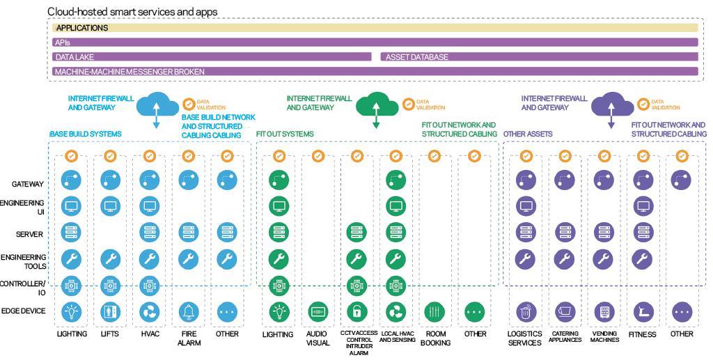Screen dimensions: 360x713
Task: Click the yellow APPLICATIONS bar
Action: pos(376,28)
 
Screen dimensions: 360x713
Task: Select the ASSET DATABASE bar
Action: pos(540,57)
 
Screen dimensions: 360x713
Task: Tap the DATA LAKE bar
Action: pos(212,57)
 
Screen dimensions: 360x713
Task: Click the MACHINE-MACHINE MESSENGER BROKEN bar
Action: pos(376,71)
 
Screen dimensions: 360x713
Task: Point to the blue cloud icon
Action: pos(157,104)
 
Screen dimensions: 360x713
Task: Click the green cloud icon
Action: pos(377,104)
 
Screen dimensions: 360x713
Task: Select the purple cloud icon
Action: pos(611,104)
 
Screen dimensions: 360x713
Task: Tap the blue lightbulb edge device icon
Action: pos(72,311)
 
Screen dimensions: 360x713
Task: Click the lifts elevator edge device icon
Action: pos(111,311)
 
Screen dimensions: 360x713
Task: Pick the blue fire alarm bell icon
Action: pos(189,311)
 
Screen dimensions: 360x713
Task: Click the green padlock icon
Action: pos(356,311)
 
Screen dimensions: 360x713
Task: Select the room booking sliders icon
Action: pos(434,311)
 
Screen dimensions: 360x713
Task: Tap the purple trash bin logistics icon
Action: pos(526,311)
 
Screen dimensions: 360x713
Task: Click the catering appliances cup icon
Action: pos(565,311)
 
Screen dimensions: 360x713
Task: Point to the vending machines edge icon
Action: pos(604,311)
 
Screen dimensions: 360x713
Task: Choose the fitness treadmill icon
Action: pos(643,311)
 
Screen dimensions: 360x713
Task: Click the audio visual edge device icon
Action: pos(318,311)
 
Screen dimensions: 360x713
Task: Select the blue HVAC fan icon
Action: pos(150,311)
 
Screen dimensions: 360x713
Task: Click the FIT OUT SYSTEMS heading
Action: pos(285,134)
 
